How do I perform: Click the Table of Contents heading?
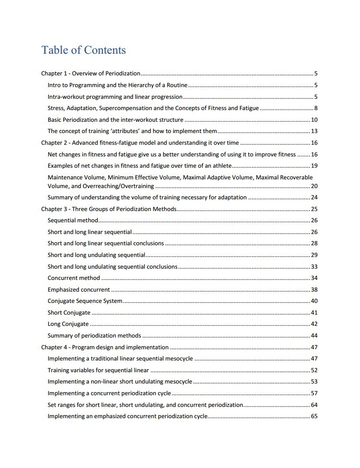(x=83, y=50)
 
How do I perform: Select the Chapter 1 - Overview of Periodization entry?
(x=91, y=74)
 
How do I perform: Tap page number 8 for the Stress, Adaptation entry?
(x=316, y=108)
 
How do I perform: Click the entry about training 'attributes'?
(x=132, y=131)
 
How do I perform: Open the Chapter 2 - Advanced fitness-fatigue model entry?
(x=140, y=143)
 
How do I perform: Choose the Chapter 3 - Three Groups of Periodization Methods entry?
(x=108, y=209)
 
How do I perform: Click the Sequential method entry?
(x=73, y=221)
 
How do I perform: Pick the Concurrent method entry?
(x=74, y=278)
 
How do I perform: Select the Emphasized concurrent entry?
(x=79, y=289)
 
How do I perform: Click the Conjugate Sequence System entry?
(x=85, y=301)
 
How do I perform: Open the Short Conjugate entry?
(x=69, y=312)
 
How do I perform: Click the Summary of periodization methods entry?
(x=94, y=335)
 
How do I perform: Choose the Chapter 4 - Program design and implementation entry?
(x=105, y=347)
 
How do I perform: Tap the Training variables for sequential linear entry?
(x=98, y=370)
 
